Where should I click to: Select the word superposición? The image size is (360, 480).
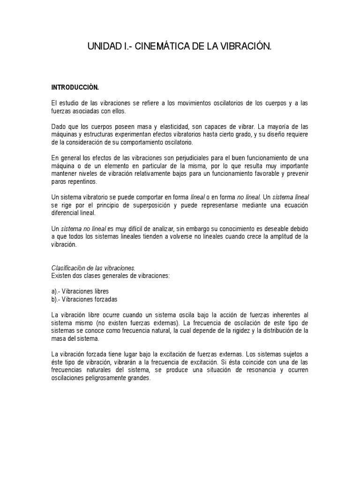[x=164, y=205]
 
